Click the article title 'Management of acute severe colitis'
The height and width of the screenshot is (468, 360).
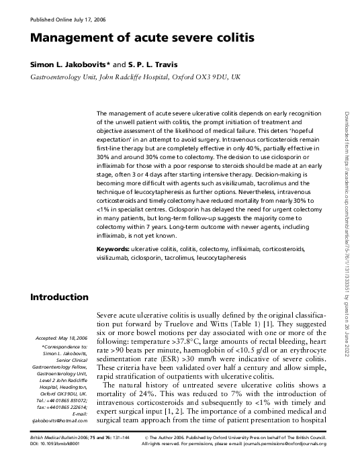pos(142,38)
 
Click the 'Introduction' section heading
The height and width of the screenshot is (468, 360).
pos(59,297)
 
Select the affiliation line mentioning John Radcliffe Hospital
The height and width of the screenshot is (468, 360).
pos(132,78)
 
